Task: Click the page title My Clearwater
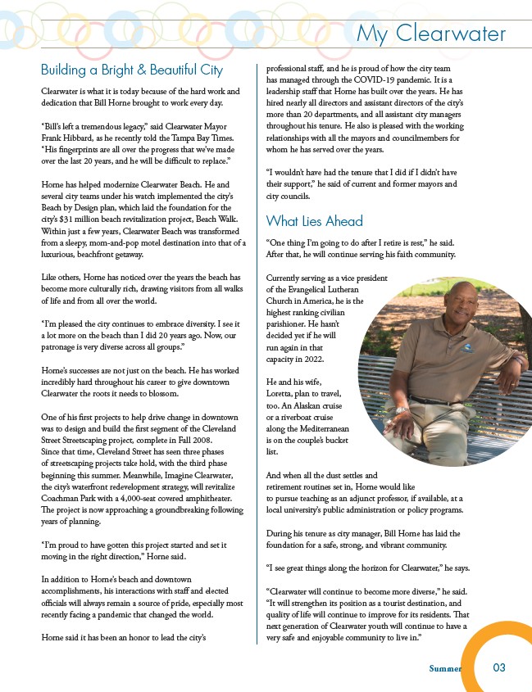pos(431,34)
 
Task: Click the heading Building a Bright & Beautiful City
pos(132,70)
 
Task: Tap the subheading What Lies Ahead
pos(314,221)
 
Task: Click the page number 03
pos(499,667)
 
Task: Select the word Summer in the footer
pos(445,668)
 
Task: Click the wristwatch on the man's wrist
pos(400,409)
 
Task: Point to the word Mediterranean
pos(320,429)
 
